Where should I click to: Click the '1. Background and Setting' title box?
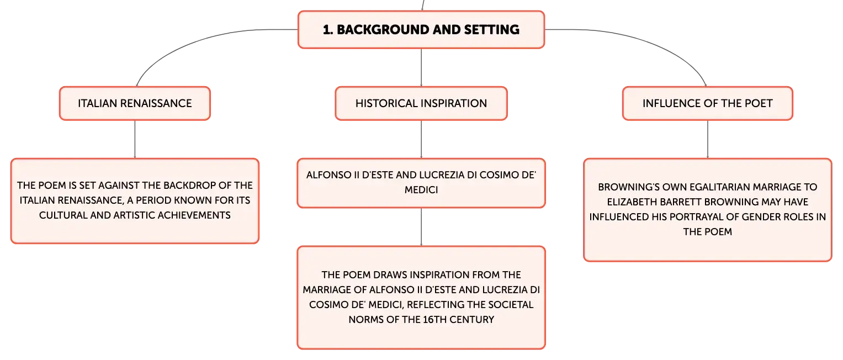(x=421, y=29)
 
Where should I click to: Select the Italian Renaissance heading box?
(x=135, y=103)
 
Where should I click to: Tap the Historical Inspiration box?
(x=421, y=103)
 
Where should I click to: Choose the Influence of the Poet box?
(x=708, y=103)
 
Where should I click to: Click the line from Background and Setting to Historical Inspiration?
(x=421, y=67)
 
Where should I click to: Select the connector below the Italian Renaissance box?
(x=135, y=139)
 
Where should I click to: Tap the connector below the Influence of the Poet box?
(x=708, y=139)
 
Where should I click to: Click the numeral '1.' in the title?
(x=328, y=30)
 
